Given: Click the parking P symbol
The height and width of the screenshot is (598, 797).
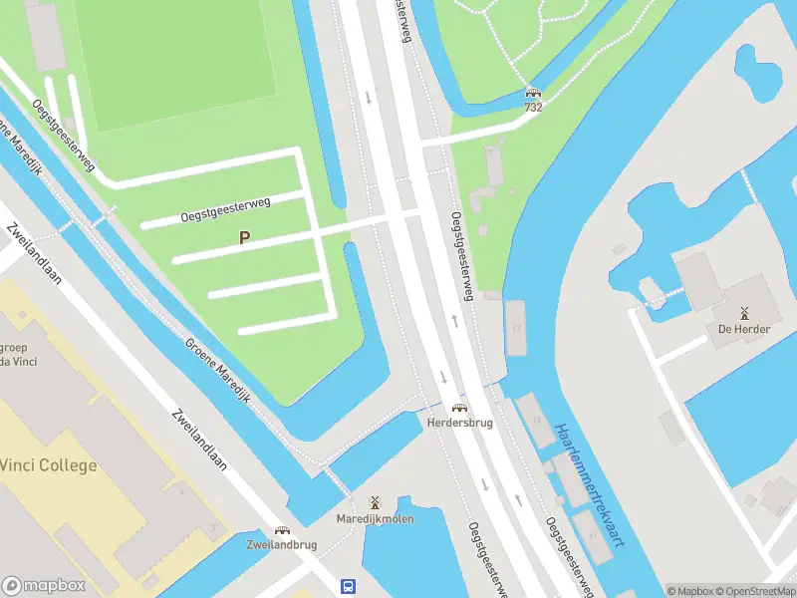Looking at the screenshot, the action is (x=244, y=238).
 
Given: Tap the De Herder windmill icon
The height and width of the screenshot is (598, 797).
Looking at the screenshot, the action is (x=743, y=312).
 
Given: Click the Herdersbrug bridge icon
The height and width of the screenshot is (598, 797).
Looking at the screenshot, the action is (x=459, y=407).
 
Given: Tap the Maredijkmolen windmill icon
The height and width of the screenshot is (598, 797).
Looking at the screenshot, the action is (x=375, y=503).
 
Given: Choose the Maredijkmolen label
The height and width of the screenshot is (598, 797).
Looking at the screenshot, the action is (x=375, y=518).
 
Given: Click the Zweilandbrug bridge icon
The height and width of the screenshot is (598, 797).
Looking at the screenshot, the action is (x=283, y=530).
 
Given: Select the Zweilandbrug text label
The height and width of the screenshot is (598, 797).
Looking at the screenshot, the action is (x=283, y=545).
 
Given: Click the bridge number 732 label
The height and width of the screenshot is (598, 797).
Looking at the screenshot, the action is (x=534, y=106).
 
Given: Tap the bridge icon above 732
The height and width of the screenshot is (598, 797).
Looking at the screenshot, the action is (x=534, y=92).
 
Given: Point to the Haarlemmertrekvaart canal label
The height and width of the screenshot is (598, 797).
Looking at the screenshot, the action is (x=594, y=482).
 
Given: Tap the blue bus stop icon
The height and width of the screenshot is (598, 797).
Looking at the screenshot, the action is (x=349, y=587).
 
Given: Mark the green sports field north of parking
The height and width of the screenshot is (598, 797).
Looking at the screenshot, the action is (x=174, y=60).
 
